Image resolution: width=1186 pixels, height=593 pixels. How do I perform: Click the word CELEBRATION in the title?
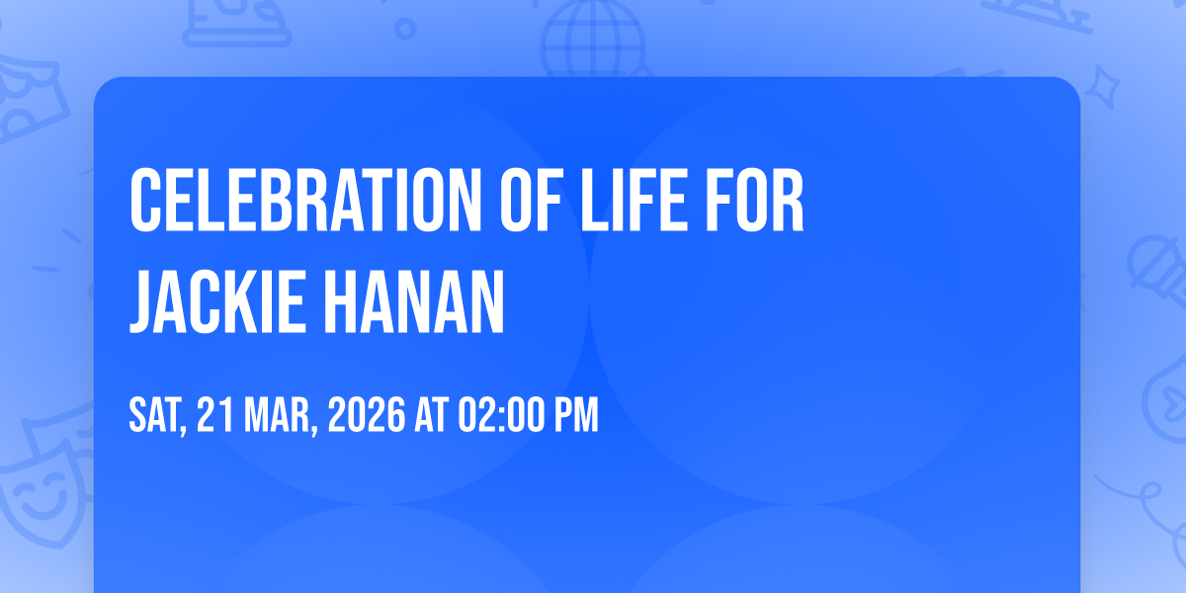pyautogui.click(x=305, y=200)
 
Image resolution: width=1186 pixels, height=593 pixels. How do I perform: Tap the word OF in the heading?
pyautogui.click(x=531, y=200)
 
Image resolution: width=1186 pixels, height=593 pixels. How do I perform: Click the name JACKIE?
pyautogui.click(x=217, y=301)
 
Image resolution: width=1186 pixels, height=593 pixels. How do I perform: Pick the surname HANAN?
pyautogui.click(x=414, y=301)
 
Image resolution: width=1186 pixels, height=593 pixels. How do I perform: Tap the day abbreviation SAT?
pyautogui.click(x=157, y=416)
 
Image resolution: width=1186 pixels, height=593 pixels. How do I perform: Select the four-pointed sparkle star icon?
pyautogui.click(x=1102, y=87)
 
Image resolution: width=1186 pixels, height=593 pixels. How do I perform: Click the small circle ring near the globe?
pyautogui.click(x=405, y=29)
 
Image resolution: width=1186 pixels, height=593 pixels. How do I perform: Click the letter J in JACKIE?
pyautogui.click(x=143, y=301)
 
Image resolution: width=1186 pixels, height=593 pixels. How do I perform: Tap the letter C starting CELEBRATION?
pyautogui.click(x=145, y=200)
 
